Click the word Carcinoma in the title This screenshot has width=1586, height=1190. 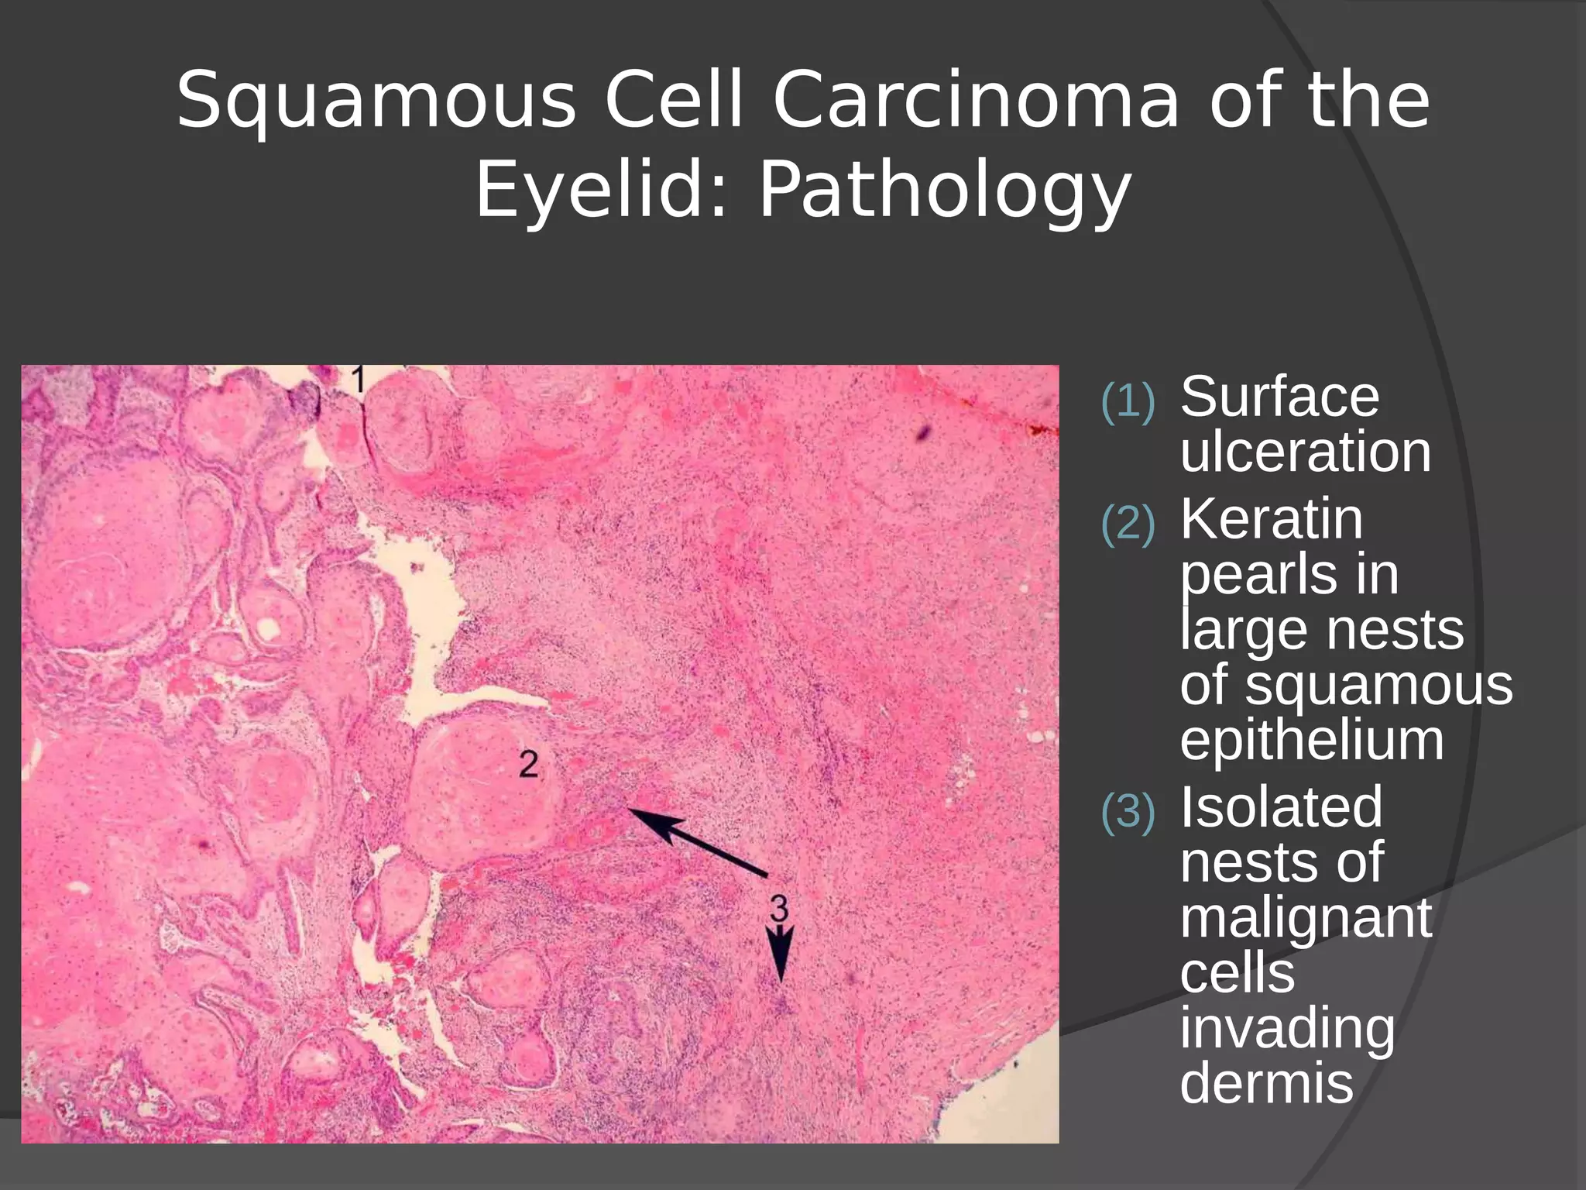976,101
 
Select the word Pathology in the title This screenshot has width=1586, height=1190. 945,191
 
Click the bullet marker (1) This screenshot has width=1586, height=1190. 1128,401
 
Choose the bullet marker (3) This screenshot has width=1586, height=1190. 1128,812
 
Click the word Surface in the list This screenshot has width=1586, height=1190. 1279,397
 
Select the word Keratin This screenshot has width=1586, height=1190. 1272,518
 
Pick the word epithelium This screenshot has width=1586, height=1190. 1312,741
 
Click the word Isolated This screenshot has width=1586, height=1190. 1281,807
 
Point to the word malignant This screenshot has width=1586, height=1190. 1306,919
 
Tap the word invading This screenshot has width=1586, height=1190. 1287,1029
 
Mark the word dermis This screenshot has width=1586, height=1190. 1267,1084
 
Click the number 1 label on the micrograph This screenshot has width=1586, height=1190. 358,380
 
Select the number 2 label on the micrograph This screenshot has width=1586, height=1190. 528,765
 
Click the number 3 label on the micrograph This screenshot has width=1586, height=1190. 778,906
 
